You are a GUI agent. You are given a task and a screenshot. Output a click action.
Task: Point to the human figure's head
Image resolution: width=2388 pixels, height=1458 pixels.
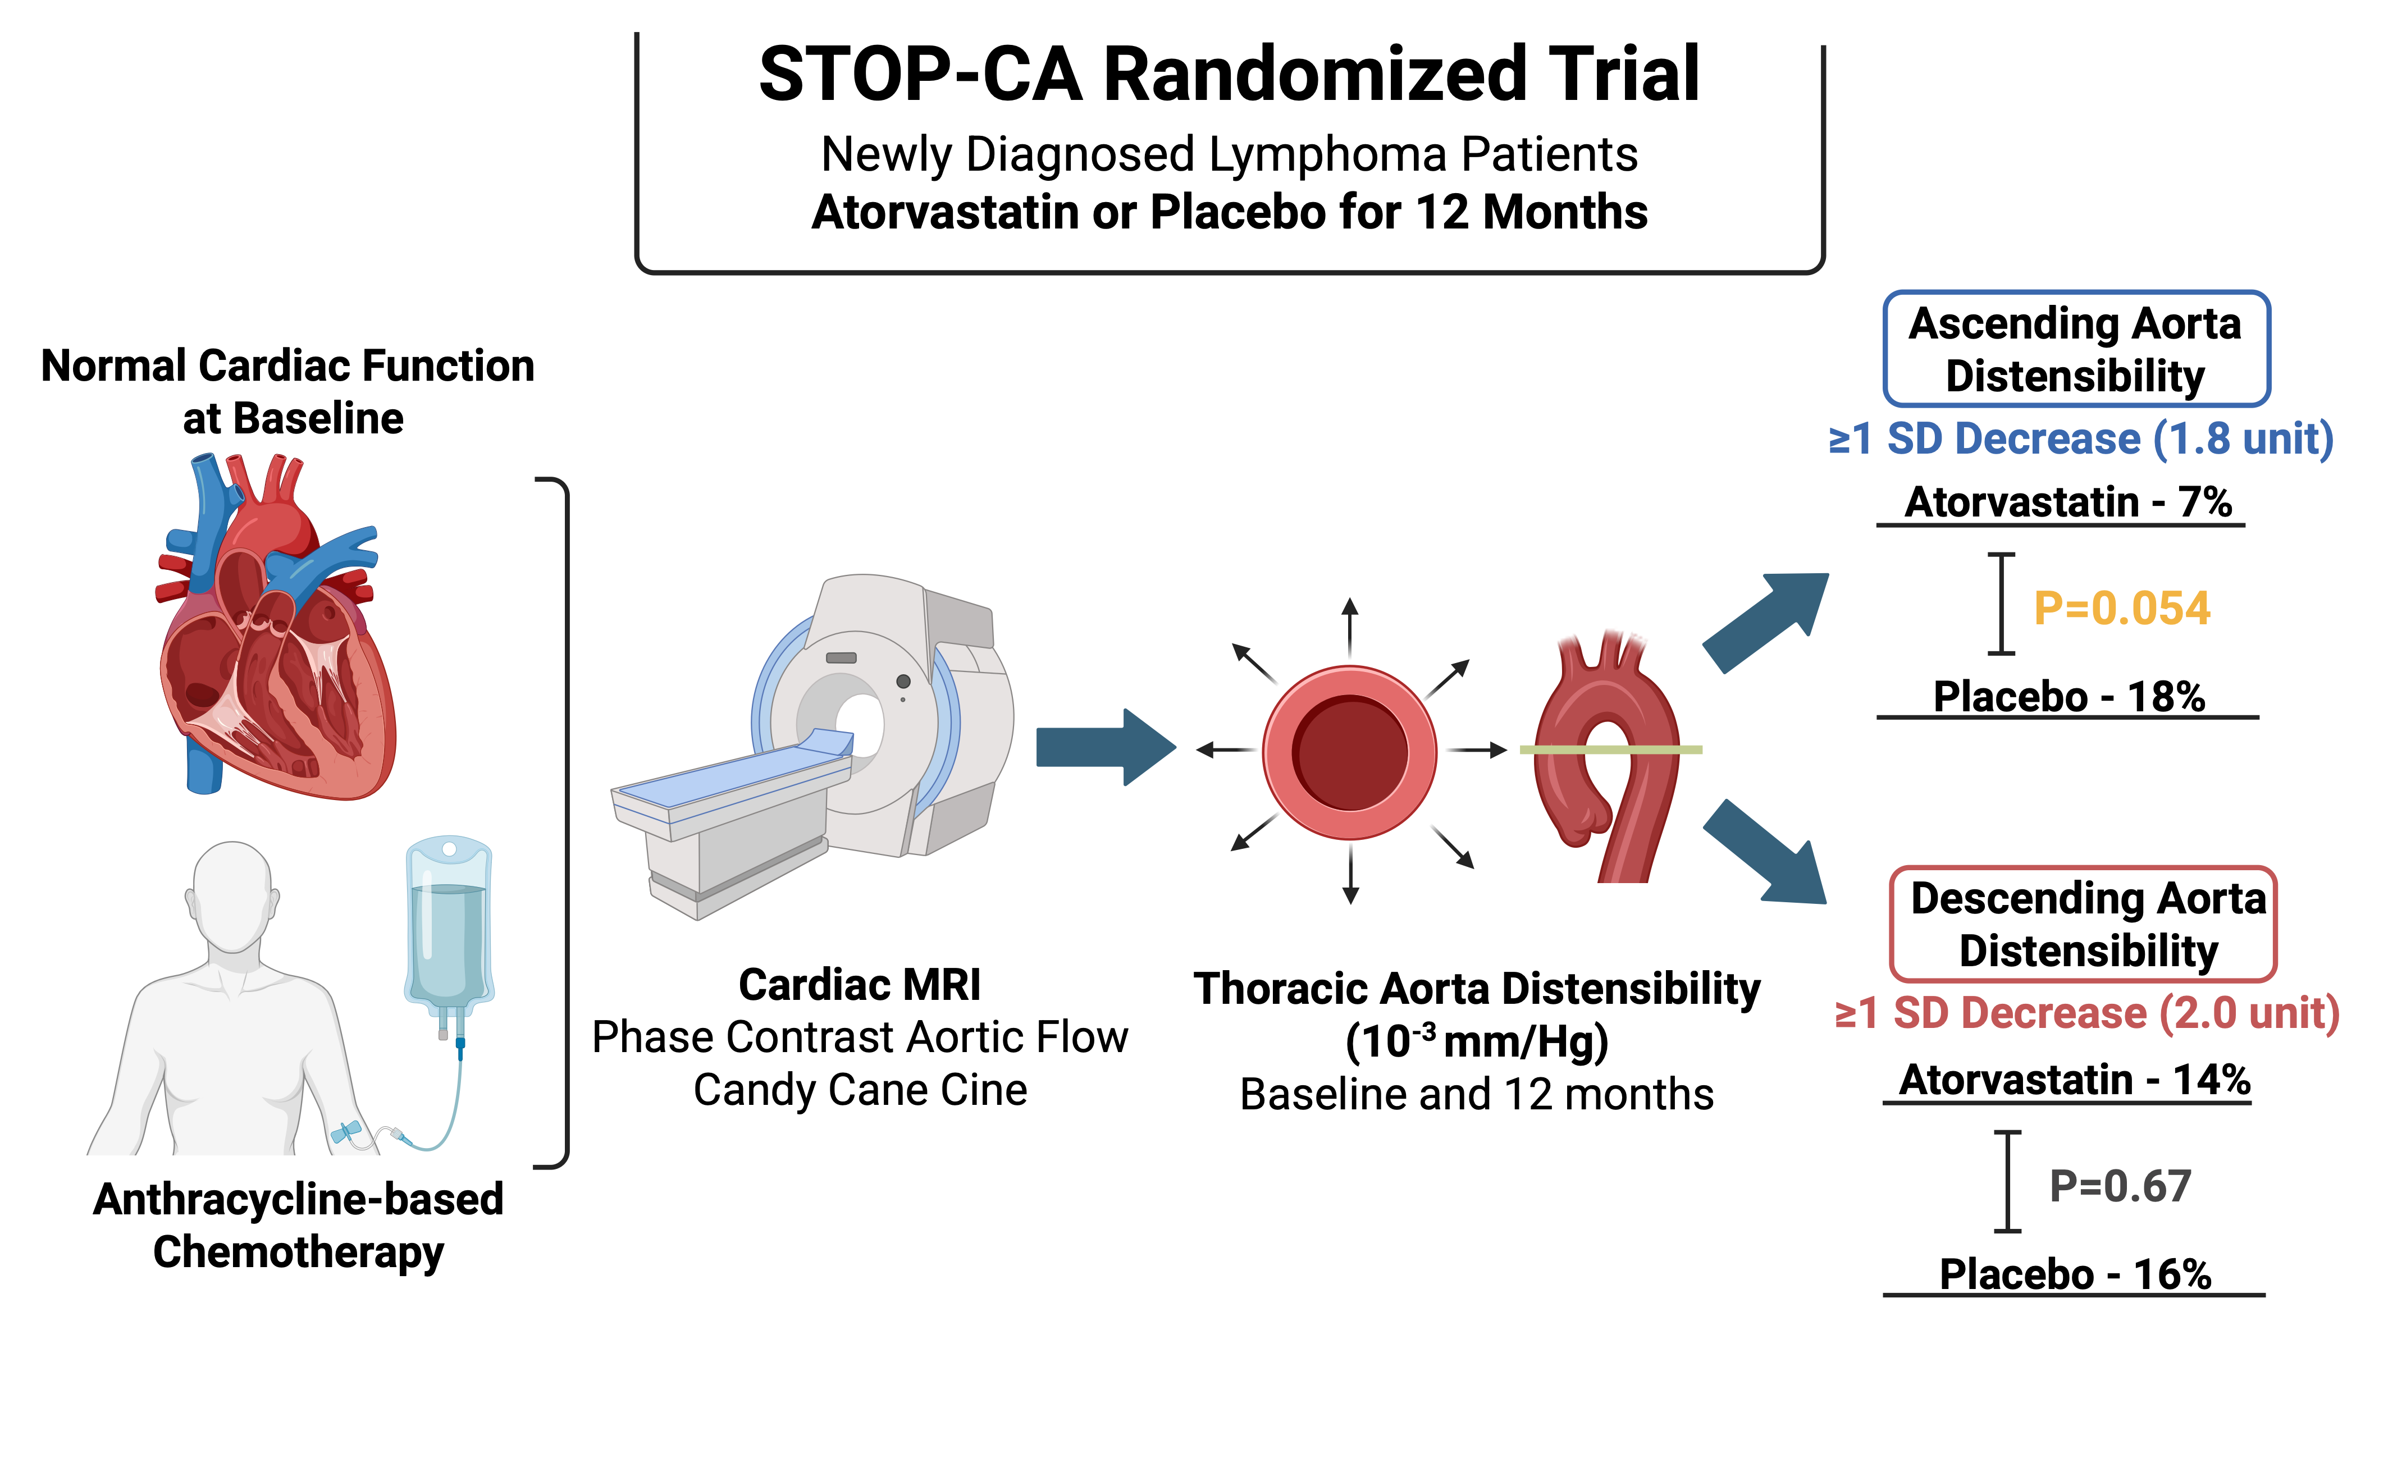pos(232,896)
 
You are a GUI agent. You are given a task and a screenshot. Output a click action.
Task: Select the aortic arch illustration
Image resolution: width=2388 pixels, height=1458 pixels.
pos(1609,756)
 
